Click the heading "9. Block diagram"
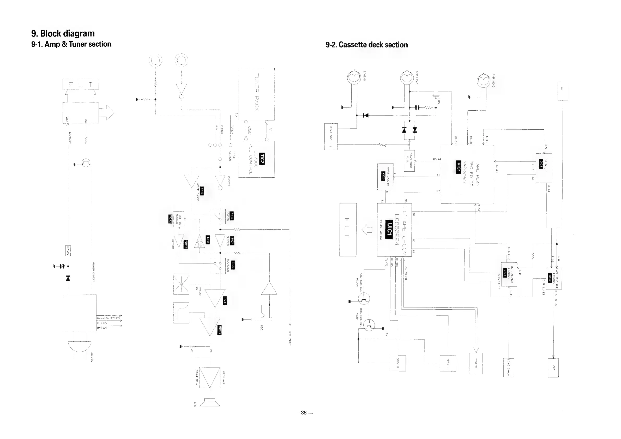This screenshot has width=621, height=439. coord(63,34)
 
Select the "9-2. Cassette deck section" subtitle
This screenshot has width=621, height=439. coord(366,45)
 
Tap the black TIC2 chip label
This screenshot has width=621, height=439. coord(262,159)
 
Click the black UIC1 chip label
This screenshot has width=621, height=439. coord(388,229)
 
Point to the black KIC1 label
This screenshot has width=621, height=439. coord(458,167)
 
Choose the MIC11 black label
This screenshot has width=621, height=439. coord(220,329)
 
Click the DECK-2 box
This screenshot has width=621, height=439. coord(397,363)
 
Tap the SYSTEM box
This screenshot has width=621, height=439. coord(475,363)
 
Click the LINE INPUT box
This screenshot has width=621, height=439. coord(509,368)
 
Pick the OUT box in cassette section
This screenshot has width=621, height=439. coord(553,368)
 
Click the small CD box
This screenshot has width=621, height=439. coord(563,91)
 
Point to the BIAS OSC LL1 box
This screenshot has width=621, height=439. coord(331,137)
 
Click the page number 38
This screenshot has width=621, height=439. coord(304,412)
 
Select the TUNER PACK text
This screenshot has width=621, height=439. coord(256,92)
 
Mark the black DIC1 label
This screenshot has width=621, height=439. coord(541,164)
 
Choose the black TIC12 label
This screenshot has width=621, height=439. coord(170,219)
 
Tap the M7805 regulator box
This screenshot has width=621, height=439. coord(68,250)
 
